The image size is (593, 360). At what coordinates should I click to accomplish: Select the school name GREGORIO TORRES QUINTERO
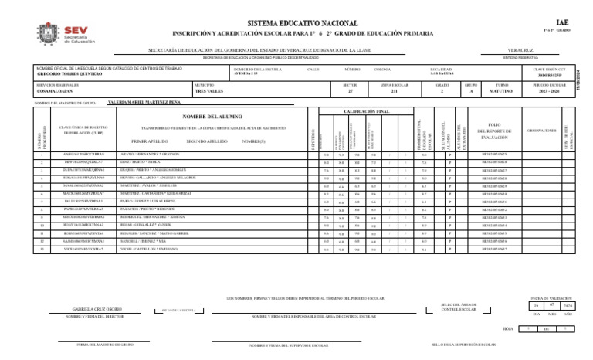(69, 74)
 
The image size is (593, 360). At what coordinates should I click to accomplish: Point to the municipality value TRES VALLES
(209, 90)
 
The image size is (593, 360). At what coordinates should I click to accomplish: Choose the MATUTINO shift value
(502, 90)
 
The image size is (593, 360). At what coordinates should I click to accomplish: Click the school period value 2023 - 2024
(549, 90)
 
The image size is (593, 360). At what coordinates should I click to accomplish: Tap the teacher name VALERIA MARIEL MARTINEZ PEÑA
(144, 101)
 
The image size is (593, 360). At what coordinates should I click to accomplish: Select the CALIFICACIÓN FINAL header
(367, 111)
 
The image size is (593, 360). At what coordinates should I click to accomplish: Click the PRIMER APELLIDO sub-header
(149, 142)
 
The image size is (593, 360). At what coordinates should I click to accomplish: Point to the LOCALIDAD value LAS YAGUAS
(442, 74)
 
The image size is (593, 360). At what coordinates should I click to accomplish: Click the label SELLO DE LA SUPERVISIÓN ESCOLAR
(463, 345)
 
